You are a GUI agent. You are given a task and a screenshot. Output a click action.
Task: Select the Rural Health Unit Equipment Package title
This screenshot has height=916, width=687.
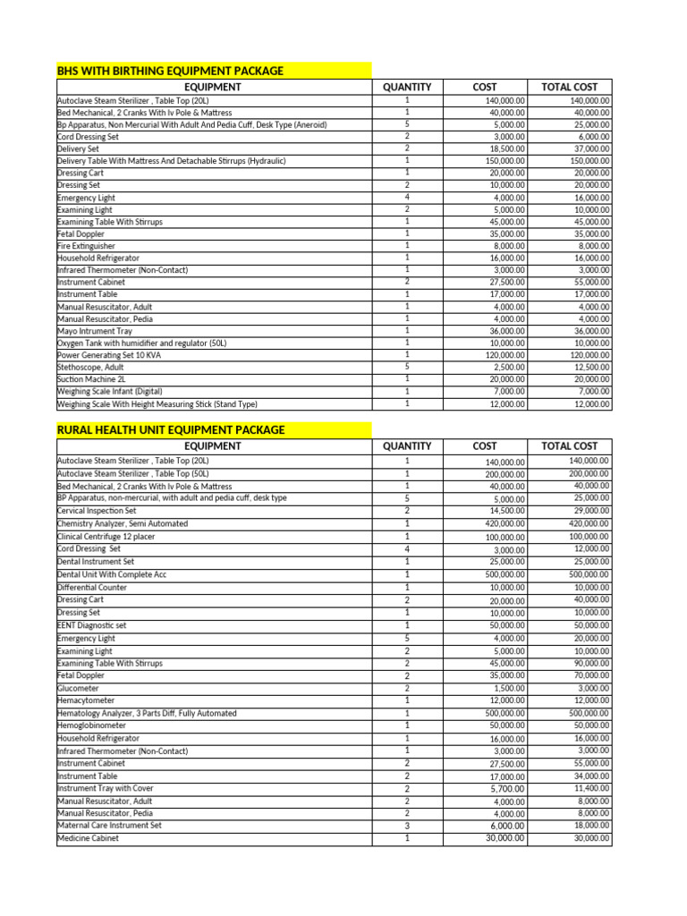[x=171, y=430]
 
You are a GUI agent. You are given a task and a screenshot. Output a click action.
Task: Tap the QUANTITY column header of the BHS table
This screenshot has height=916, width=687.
[x=406, y=87]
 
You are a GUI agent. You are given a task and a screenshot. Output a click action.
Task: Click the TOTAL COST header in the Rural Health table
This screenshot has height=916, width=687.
[x=569, y=445]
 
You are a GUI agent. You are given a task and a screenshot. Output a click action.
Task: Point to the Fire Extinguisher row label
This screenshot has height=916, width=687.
[x=86, y=246]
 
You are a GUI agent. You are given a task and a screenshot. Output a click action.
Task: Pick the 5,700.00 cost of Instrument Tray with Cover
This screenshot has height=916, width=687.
[x=507, y=789]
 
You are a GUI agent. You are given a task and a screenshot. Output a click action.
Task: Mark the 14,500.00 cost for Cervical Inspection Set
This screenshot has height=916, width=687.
[x=505, y=511]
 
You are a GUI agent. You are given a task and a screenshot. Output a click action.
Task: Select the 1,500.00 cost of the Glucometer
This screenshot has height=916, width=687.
[x=509, y=689]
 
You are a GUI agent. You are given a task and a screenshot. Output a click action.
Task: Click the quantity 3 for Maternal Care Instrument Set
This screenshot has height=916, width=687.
[x=406, y=826]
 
